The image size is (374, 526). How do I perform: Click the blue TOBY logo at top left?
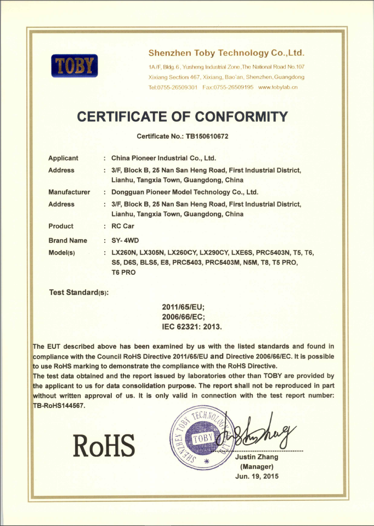pos(74,66)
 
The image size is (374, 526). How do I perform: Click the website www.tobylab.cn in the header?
pos(277,87)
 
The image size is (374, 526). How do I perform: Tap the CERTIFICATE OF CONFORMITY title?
pos(183,116)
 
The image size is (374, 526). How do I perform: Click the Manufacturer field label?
pos(69,192)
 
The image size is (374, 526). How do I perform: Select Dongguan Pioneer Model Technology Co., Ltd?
pos(184,192)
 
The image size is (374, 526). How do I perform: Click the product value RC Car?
pos(123,226)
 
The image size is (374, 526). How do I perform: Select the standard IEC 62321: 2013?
pos(191,327)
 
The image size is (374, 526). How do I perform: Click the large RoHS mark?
pos(104,446)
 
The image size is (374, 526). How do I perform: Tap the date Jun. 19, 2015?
pos(256,476)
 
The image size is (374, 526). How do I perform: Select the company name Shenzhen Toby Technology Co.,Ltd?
pos(226,53)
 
